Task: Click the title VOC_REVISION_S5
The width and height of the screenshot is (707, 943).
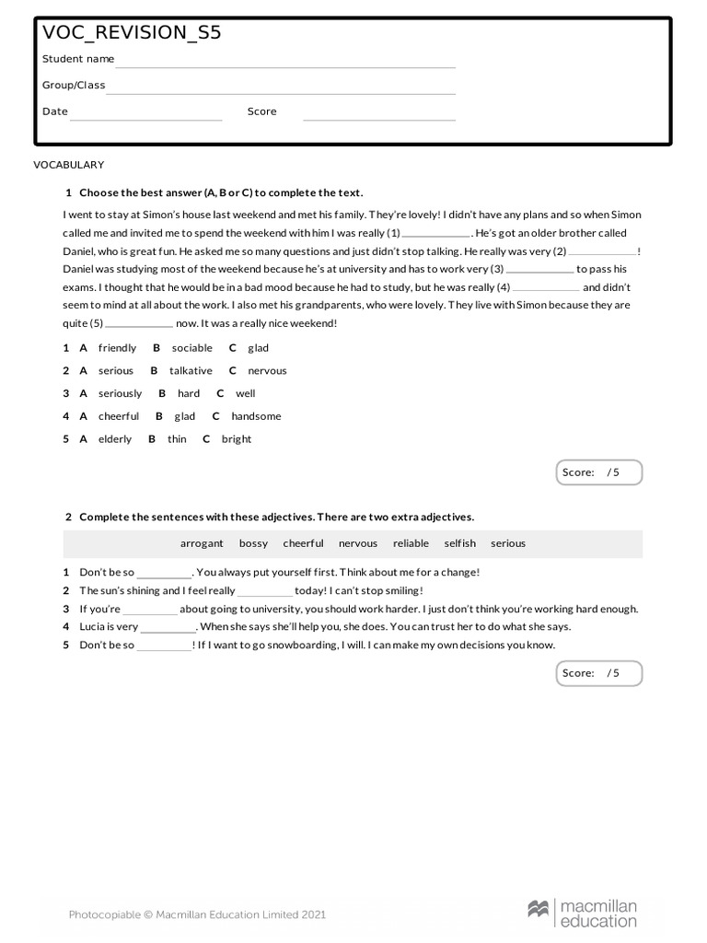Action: click(132, 33)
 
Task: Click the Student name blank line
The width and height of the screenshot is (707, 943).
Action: click(285, 65)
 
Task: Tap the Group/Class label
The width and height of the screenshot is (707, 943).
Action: click(74, 85)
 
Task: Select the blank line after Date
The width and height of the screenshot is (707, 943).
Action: click(146, 118)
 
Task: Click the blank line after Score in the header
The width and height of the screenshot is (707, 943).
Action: click(379, 118)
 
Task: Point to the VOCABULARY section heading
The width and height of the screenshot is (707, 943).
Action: click(69, 165)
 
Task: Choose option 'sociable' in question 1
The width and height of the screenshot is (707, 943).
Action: click(191, 348)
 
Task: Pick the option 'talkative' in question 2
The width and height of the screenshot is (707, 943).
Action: click(191, 371)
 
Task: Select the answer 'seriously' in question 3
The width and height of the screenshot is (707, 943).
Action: click(120, 393)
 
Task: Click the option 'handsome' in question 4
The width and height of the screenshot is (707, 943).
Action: click(256, 416)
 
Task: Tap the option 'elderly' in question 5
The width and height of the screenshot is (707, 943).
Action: click(115, 439)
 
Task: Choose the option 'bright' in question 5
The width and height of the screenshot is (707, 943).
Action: click(237, 439)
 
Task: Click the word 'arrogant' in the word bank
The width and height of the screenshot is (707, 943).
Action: click(202, 543)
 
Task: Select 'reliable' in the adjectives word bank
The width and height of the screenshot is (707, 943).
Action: click(411, 543)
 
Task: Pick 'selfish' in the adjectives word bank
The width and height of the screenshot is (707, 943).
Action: click(459, 543)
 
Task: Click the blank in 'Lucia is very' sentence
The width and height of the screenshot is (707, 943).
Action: click(168, 631)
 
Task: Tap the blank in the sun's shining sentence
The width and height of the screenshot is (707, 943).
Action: click(265, 595)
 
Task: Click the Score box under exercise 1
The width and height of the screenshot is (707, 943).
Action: click(599, 472)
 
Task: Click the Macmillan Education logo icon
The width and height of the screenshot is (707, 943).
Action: click(538, 909)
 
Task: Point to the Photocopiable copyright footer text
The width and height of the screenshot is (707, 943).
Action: click(197, 914)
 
